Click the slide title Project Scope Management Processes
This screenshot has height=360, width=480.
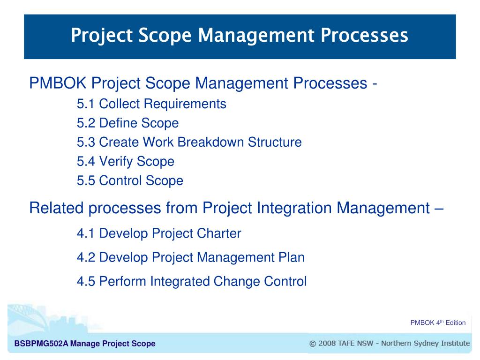240,36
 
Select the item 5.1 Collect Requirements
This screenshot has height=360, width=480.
151,104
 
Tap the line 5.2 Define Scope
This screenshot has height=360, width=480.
127,123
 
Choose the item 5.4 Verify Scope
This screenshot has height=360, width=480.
125,162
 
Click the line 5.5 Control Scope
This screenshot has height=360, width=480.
130,180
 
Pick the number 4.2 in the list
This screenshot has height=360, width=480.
86,257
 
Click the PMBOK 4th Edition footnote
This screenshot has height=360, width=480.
438,322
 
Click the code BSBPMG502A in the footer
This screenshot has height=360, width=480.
41,344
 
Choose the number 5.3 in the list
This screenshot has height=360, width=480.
86,142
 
